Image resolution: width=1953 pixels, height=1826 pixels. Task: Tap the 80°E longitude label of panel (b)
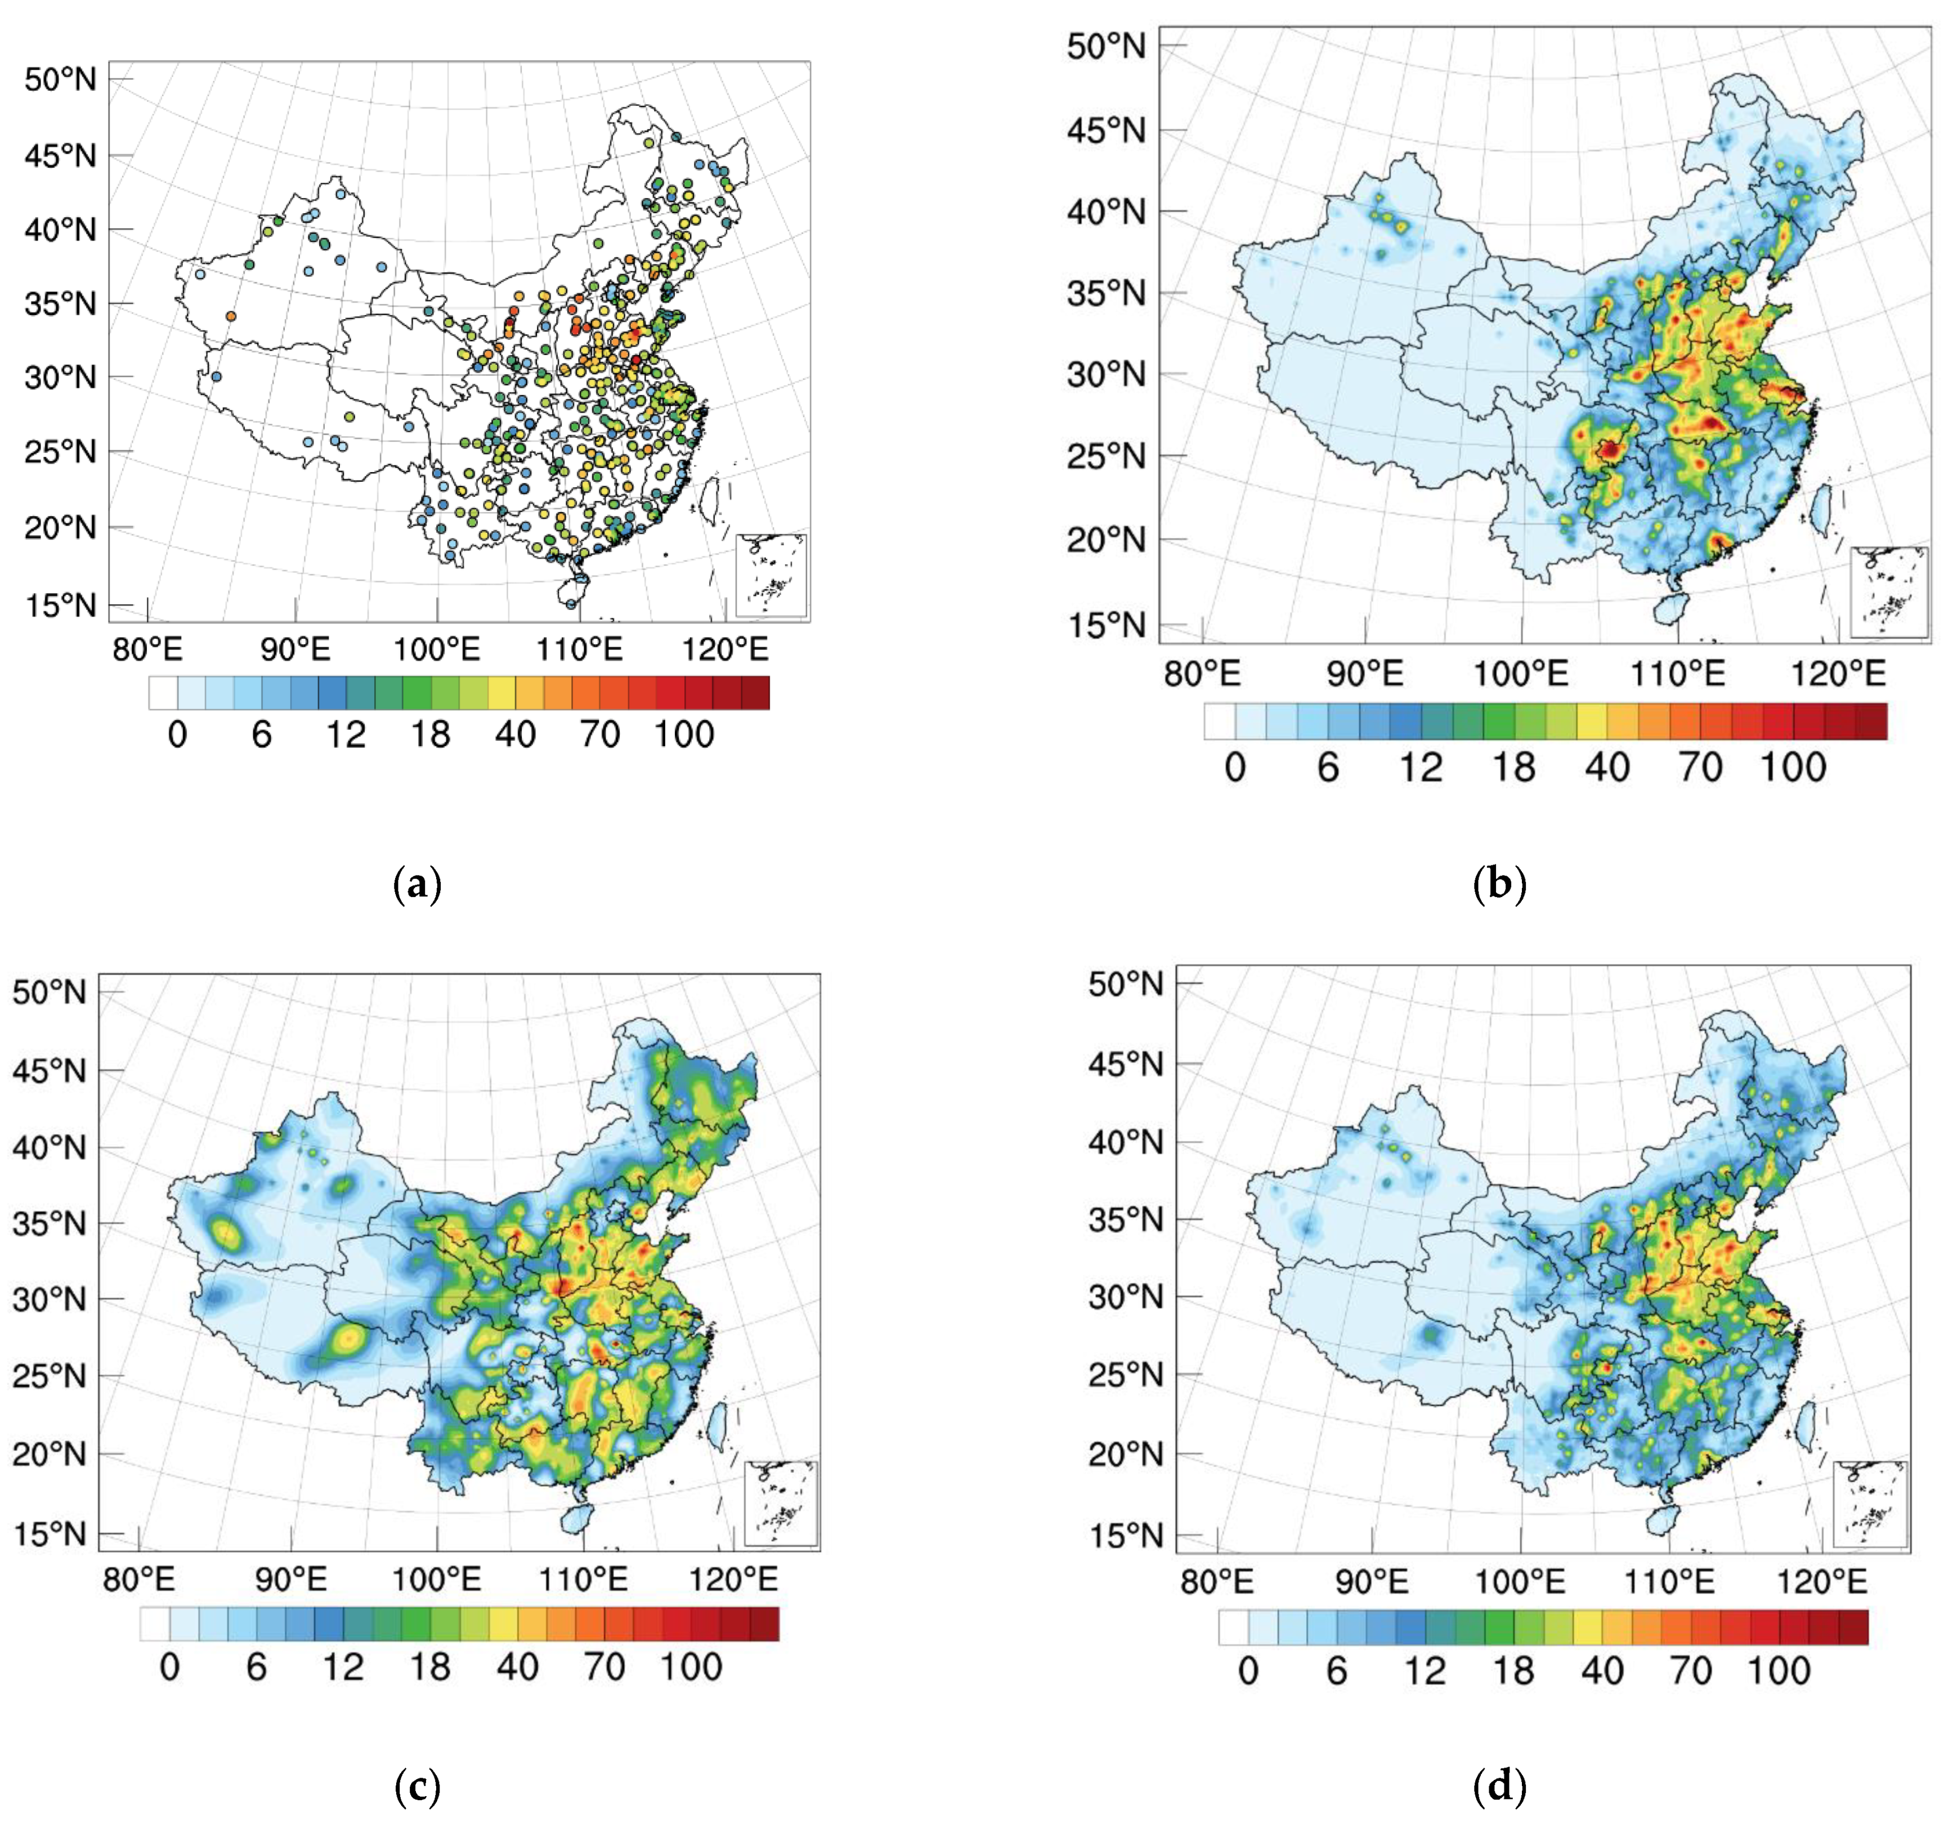pyautogui.click(x=1202, y=674)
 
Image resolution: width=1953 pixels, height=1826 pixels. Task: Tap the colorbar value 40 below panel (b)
pyautogui.click(x=1607, y=767)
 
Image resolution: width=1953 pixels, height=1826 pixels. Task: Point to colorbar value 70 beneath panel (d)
pyautogui.click(x=1691, y=1670)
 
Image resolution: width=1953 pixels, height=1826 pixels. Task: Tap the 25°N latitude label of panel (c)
pyautogui.click(x=49, y=1376)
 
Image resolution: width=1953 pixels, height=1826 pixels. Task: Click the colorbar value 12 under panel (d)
pyautogui.click(x=1425, y=1670)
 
